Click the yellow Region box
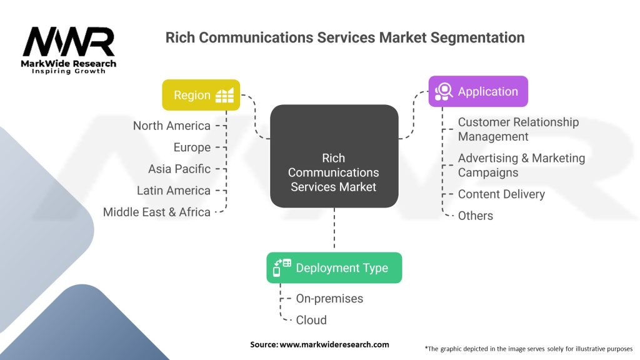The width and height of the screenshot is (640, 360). [201, 95]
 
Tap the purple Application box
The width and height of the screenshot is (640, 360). [478, 91]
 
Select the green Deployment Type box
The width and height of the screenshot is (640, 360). [334, 267]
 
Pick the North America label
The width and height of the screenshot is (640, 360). [171, 126]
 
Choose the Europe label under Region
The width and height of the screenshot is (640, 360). [192, 147]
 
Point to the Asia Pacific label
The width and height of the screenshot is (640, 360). [179, 169]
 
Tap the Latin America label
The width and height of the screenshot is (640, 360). [173, 191]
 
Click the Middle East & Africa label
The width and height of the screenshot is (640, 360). [156, 212]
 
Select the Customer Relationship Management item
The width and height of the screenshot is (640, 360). [518, 129]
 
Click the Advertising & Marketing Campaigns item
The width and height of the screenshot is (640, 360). [521, 165]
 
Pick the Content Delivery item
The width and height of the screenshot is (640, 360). [501, 194]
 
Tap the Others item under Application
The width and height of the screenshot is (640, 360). [475, 216]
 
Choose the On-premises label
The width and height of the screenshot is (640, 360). [329, 299]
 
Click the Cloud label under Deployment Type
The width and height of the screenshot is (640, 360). [311, 320]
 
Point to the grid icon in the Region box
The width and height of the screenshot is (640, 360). [224, 95]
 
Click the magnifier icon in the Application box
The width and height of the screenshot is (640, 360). [443, 91]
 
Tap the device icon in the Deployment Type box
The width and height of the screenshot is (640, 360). [282, 267]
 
